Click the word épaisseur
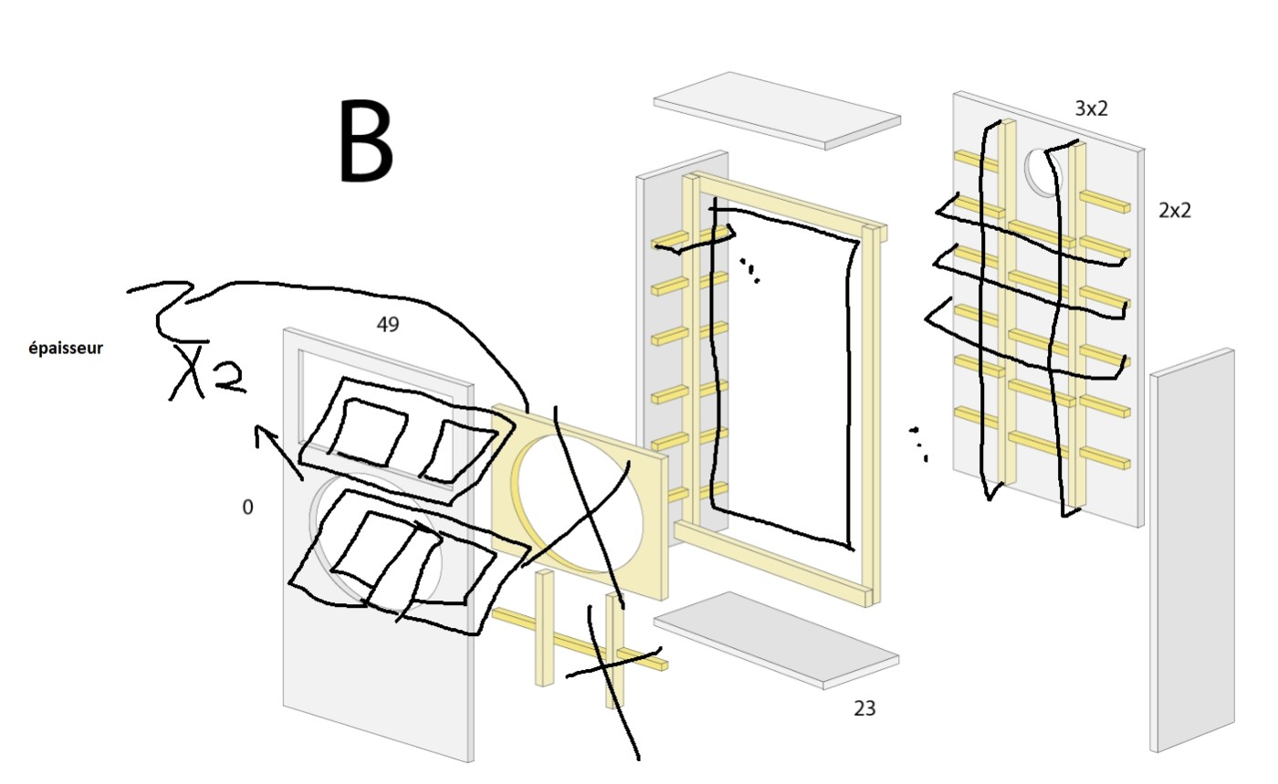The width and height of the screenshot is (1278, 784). pyautogui.click(x=65, y=348)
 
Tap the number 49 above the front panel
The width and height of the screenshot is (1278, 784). pyautogui.click(x=388, y=324)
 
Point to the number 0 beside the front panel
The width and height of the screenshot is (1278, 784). pyautogui.click(x=247, y=507)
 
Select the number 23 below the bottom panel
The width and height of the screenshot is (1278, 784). pyautogui.click(x=864, y=707)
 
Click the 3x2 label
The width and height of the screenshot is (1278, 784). pyautogui.click(x=1091, y=109)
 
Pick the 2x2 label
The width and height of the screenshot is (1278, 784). pyautogui.click(x=1174, y=210)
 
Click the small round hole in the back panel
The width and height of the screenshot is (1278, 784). pyautogui.click(x=1042, y=170)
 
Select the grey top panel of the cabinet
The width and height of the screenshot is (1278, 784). pyautogui.click(x=776, y=110)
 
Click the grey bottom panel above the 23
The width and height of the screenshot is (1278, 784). pyautogui.click(x=776, y=639)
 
